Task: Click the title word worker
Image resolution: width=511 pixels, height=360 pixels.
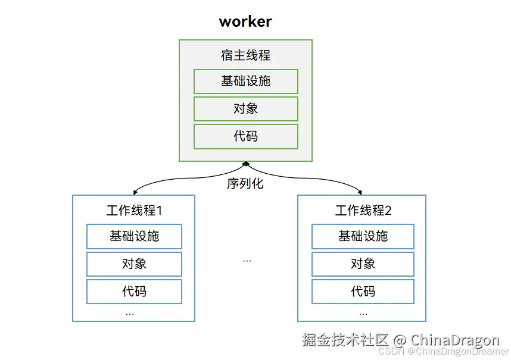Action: click(x=245, y=22)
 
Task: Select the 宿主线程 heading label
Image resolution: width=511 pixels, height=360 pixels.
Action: click(x=245, y=55)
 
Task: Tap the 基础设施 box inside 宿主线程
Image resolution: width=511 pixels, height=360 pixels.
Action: click(x=245, y=82)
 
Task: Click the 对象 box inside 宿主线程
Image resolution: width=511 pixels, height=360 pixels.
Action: click(x=245, y=109)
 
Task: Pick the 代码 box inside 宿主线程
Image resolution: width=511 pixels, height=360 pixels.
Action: click(x=245, y=136)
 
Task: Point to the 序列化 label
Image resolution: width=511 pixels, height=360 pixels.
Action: click(x=245, y=184)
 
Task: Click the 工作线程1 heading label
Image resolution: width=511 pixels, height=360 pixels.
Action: click(x=134, y=211)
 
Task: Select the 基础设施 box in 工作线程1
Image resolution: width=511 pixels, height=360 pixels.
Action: click(x=134, y=236)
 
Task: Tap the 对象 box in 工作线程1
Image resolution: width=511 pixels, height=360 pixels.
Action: click(x=134, y=264)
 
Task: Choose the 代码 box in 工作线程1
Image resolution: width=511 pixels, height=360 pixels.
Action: click(x=134, y=292)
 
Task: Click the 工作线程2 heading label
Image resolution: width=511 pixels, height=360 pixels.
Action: click(x=363, y=211)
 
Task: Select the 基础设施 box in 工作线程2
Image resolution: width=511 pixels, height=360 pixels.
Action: click(x=363, y=236)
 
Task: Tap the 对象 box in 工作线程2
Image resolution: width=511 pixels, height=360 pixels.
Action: click(x=363, y=264)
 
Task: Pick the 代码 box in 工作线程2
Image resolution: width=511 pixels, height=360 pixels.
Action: click(x=363, y=292)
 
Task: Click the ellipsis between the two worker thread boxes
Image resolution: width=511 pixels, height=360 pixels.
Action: click(x=247, y=261)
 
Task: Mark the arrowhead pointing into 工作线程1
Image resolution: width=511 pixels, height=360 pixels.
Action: click(x=135, y=192)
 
